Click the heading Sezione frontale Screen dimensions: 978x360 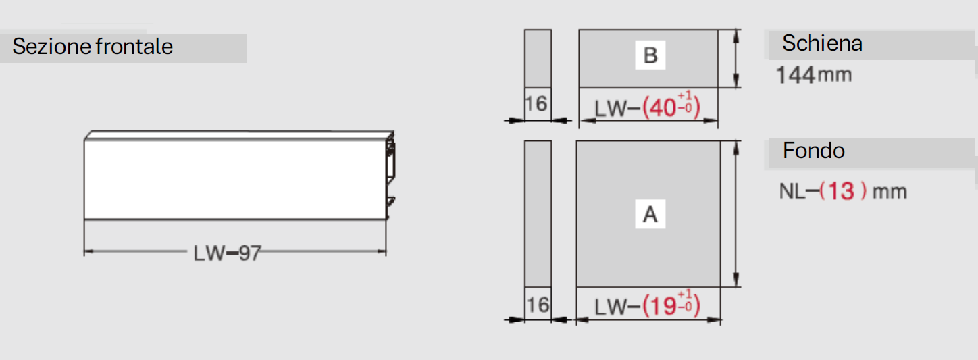tap(93, 46)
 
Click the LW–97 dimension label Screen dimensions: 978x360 tap(227, 253)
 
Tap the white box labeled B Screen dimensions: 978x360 tap(650, 55)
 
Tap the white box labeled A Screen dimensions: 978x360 tap(650, 214)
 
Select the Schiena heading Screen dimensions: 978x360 tap(822, 43)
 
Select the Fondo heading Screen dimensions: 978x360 tap(813, 151)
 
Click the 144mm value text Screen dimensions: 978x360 tap(814, 74)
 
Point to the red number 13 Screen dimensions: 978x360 tap(841, 191)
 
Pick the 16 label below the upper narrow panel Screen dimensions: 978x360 tap(536, 104)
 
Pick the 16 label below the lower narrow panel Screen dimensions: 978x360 tap(538, 305)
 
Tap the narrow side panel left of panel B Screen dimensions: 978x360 tap(538, 59)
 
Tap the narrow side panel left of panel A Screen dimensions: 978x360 tap(538, 214)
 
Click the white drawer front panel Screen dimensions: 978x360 tap(235, 179)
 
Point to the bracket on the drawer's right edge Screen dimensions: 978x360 tap(390, 174)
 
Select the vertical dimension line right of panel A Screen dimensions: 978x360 tap(736, 214)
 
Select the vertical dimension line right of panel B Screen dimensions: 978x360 tap(736, 59)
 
